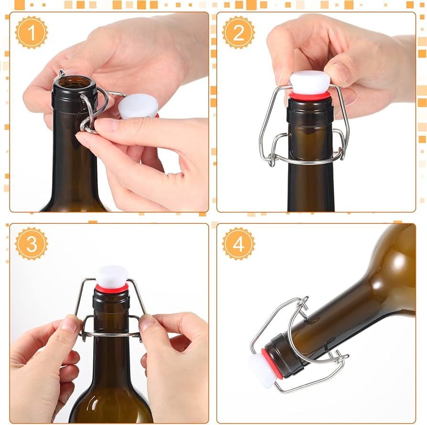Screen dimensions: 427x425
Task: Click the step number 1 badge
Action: pyautogui.click(x=32, y=32)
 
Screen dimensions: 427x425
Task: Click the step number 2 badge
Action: pyautogui.click(x=238, y=32)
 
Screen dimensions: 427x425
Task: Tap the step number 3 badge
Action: pyautogui.click(x=32, y=244)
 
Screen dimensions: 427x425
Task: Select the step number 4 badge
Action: pyautogui.click(x=238, y=244)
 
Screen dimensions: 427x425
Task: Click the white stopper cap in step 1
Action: pyautogui.click(x=139, y=106)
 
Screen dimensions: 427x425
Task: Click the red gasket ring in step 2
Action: pyautogui.click(x=310, y=96)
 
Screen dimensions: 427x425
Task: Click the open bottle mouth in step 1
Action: pyautogui.click(x=75, y=82)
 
